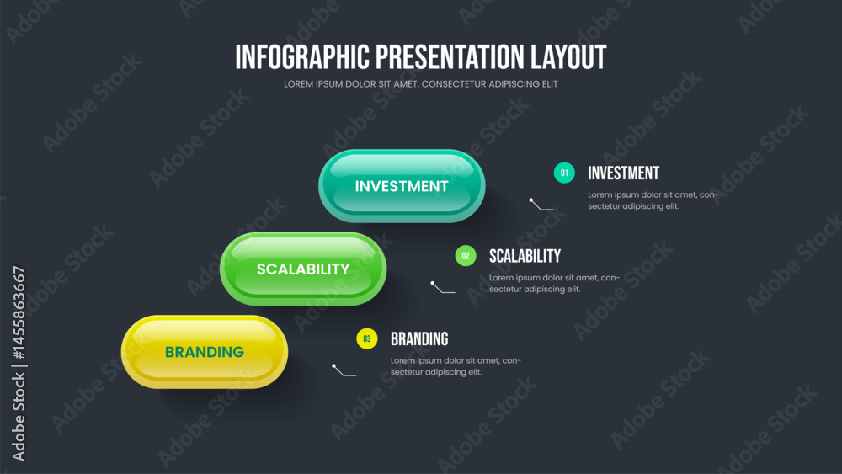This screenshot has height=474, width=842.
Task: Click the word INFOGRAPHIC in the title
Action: click(302, 57)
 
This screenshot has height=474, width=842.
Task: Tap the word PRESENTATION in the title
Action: click(450, 57)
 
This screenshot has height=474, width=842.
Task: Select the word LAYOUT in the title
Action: click(568, 57)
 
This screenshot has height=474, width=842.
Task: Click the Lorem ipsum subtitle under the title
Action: click(420, 83)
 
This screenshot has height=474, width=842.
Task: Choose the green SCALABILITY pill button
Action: click(303, 269)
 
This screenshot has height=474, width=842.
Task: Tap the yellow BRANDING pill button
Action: click(205, 352)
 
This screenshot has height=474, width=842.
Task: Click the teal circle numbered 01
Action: click(564, 173)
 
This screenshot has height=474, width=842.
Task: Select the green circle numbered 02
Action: click(466, 255)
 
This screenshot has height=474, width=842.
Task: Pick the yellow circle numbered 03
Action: click(367, 338)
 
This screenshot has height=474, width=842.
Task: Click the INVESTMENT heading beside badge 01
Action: click(623, 173)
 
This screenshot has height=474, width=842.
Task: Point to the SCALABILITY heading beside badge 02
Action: click(525, 256)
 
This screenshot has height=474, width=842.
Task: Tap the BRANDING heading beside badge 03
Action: click(419, 338)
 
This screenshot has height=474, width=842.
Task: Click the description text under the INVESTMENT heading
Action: click(653, 200)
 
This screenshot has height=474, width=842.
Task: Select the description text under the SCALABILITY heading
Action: click(554, 283)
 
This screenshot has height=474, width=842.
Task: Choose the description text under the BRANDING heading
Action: click(456, 366)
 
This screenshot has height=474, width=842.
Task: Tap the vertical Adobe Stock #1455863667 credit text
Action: click(19, 364)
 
